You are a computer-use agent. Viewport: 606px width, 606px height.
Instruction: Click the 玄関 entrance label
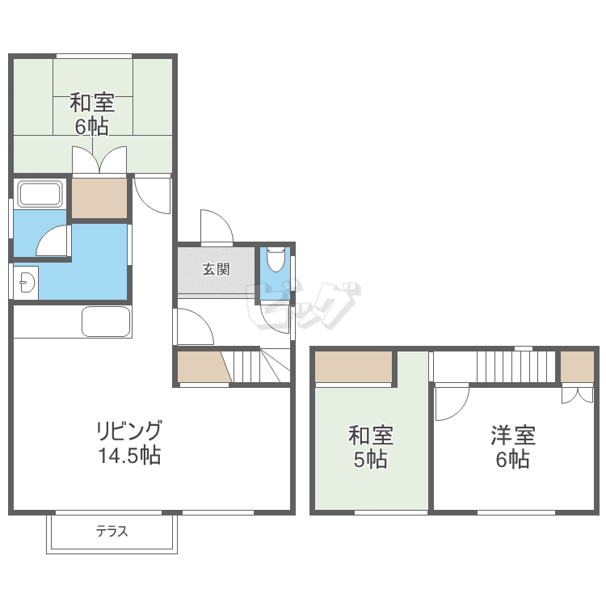pos(216,269)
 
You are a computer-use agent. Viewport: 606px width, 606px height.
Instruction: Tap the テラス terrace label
pos(112,532)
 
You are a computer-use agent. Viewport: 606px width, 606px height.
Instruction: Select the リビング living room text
pos(129,431)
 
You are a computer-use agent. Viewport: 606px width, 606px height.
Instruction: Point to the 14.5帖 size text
pos(129,455)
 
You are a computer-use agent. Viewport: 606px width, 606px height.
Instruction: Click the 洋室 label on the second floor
pos(513,436)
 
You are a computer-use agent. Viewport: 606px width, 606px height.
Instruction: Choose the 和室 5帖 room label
pos(371,447)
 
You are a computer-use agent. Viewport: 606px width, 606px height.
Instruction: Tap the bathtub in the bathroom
pos(40,194)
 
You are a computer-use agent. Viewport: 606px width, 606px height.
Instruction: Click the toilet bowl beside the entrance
pos(276,259)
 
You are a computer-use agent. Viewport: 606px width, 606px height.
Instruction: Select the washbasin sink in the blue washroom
pos(27,283)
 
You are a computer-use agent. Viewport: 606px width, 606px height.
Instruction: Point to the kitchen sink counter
pos(106,322)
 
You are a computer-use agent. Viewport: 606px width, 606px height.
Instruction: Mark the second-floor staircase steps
pos(516,366)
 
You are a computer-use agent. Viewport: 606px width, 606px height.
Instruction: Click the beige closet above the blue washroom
pos(99,198)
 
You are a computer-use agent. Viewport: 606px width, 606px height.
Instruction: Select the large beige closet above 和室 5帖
pos(353,366)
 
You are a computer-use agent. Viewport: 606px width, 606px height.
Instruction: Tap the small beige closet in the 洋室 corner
pos(577,366)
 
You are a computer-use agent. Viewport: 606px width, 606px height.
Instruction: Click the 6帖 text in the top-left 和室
pos(91,126)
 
